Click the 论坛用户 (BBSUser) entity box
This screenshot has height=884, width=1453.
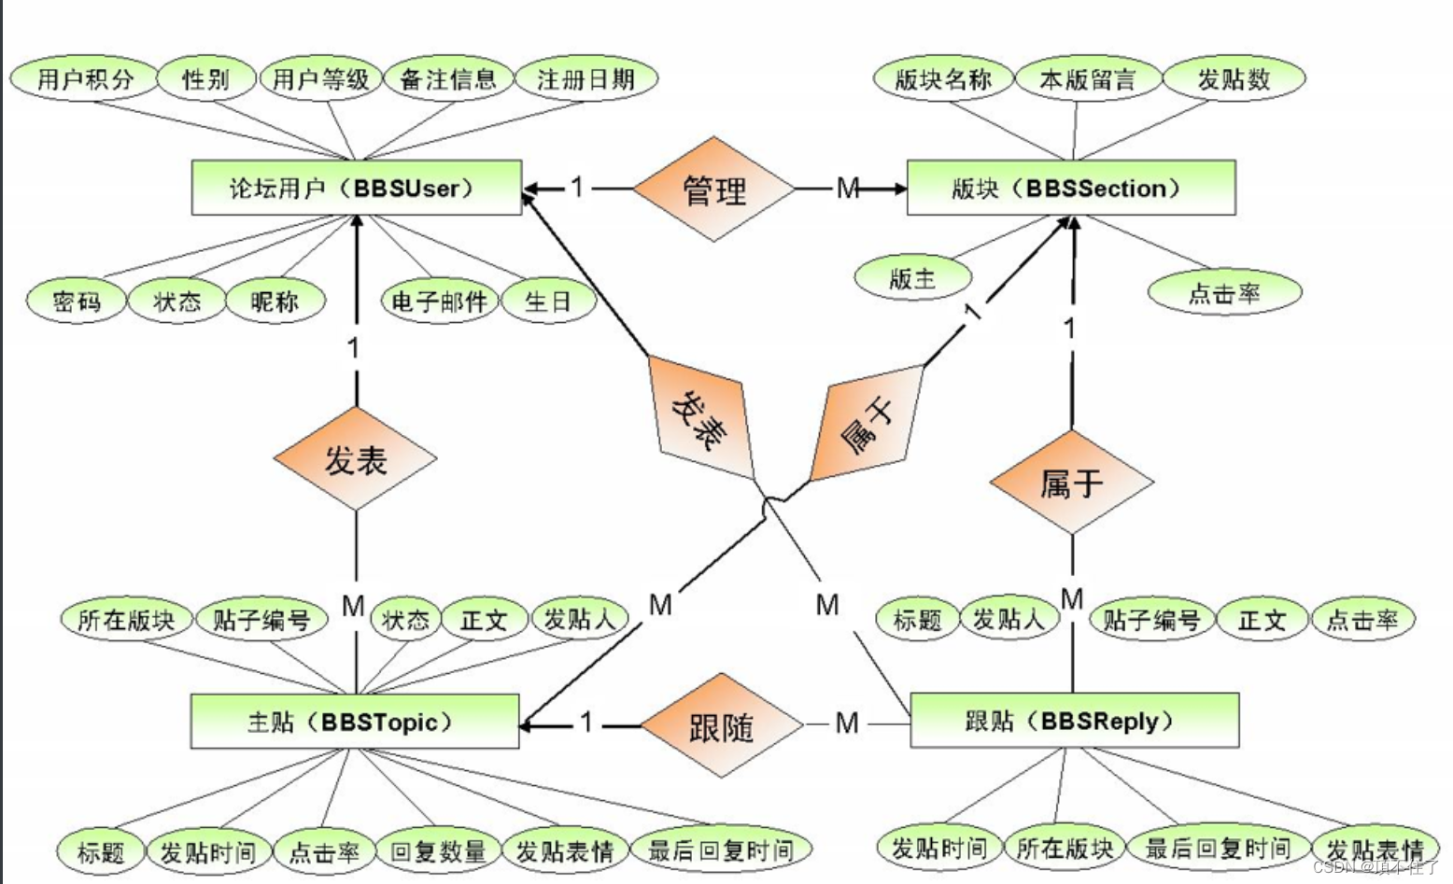pos(356,188)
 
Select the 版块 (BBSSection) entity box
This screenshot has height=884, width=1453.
pos(1071,188)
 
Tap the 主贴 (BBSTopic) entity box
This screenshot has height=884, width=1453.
pos(354,722)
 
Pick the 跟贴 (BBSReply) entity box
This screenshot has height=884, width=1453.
pos(1074,721)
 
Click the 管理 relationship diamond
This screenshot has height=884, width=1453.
pos(714,189)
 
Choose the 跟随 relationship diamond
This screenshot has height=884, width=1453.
pos(722,724)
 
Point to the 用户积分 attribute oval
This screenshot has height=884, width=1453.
pos(85,79)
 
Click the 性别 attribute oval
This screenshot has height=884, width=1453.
pos(206,79)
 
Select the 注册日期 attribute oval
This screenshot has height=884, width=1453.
pos(585,79)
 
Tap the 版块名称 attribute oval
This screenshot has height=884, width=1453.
pos(943,79)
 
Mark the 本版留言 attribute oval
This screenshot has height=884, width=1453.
pos(1088,79)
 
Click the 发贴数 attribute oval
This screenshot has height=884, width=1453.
pos(1234,79)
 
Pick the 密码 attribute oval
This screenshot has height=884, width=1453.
pos(76,302)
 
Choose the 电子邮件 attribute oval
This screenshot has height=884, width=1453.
pos(439,302)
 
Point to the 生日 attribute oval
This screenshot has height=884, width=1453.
pos(548,302)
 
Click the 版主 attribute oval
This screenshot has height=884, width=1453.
pos(912,278)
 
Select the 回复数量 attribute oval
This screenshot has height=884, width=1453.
pos(438,851)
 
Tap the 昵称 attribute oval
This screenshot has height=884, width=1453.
pos(275,302)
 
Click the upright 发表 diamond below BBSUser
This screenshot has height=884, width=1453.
pos(355,459)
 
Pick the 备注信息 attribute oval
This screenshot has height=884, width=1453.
pos(448,79)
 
